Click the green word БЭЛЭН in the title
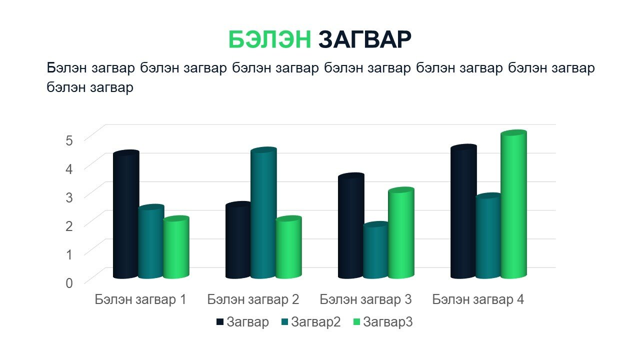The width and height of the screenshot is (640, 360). pyautogui.click(x=269, y=39)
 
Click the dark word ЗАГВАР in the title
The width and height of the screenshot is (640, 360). pyautogui.click(x=365, y=39)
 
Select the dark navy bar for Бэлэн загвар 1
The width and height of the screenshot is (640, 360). pyautogui.click(x=126, y=214)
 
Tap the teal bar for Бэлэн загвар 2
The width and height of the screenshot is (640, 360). pyautogui.click(x=263, y=213)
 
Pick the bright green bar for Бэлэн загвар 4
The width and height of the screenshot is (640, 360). pyautogui.click(x=513, y=204)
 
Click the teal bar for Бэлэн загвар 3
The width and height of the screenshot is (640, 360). pyautogui.click(x=376, y=250)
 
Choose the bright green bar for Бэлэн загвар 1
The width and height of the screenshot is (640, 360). pyautogui.click(x=176, y=247)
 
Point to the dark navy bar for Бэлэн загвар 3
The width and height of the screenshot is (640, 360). pyautogui.click(x=351, y=225)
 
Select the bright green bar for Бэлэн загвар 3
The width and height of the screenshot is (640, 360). pyautogui.click(x=401, y=233)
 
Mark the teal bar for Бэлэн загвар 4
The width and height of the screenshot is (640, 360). pyautogui.click(x=488, y=235)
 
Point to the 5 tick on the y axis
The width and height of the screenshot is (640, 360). pyautogui.click(x=69, y=140)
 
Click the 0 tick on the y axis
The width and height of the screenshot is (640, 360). pyautogui.click(x=69, y=283)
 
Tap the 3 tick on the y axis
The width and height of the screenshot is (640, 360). pyautogui.click(x=69, y=197)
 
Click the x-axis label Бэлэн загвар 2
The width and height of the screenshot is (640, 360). pyautogui.click(x=253, y=299)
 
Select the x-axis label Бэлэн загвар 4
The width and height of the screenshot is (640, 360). pyautogui.click(x=478, y=299)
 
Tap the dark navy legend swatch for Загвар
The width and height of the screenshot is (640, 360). pyautogui.click(x=219, y=322)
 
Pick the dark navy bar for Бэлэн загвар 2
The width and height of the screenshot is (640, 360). pyautogui.click(x=238, y=240)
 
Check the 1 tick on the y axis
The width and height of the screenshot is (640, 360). pyautogui.click(x=69, y=254)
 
